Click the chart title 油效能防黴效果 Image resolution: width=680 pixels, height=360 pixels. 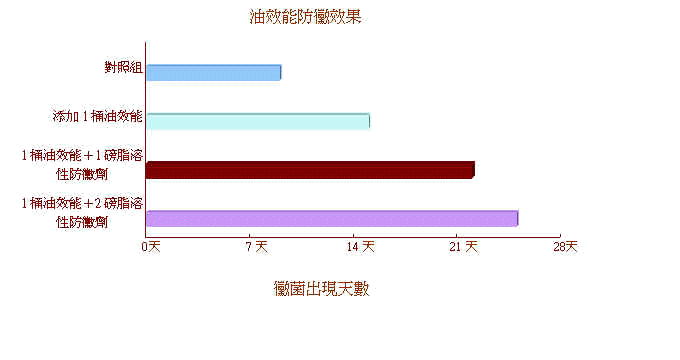pyautogui.click(x=305, y=17)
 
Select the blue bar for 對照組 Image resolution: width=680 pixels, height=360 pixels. pyautogui.click(x=213, y=72)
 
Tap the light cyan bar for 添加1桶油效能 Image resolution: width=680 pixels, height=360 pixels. pyautogui.click(x=257, y=121)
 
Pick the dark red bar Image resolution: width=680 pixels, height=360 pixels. pyautogui.click(x=309, y=170)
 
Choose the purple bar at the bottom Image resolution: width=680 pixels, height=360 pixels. pyautogui.click(x=331, y=218)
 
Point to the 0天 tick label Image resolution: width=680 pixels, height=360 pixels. pyautogui.click(x=151, y=246)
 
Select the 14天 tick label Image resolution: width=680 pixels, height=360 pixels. pyautogui.click(x=361, y=246)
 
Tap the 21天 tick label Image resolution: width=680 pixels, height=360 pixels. pyautogui.click(x=465, y=246)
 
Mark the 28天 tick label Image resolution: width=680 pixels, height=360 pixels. pyautogui.click(x=566, y=246)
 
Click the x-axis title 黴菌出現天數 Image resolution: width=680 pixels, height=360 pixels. pyautogui.click(x=321, y=289)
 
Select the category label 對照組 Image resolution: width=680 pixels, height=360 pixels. pyautogui.click(x=123, y=68)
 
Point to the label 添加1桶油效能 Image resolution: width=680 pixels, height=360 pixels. pyautogui.click(x=98, y=116)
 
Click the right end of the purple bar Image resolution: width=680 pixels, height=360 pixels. pyautogui.click(x=516, y=218)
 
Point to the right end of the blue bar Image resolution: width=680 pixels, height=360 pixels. pyautogui.click(x=279, y=72)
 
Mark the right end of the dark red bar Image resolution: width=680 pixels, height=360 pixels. pyautogui.click(x=472, y=170)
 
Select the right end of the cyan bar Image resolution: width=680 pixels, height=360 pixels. pyautogui.click(x=368, y=121)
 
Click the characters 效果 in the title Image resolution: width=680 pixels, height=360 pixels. pyautogui.click(x=345, y=17)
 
